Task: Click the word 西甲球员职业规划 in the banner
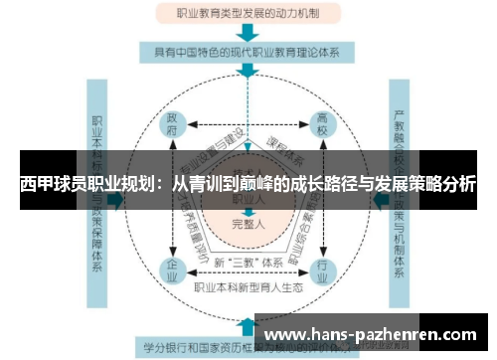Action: [x=83, y=184]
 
